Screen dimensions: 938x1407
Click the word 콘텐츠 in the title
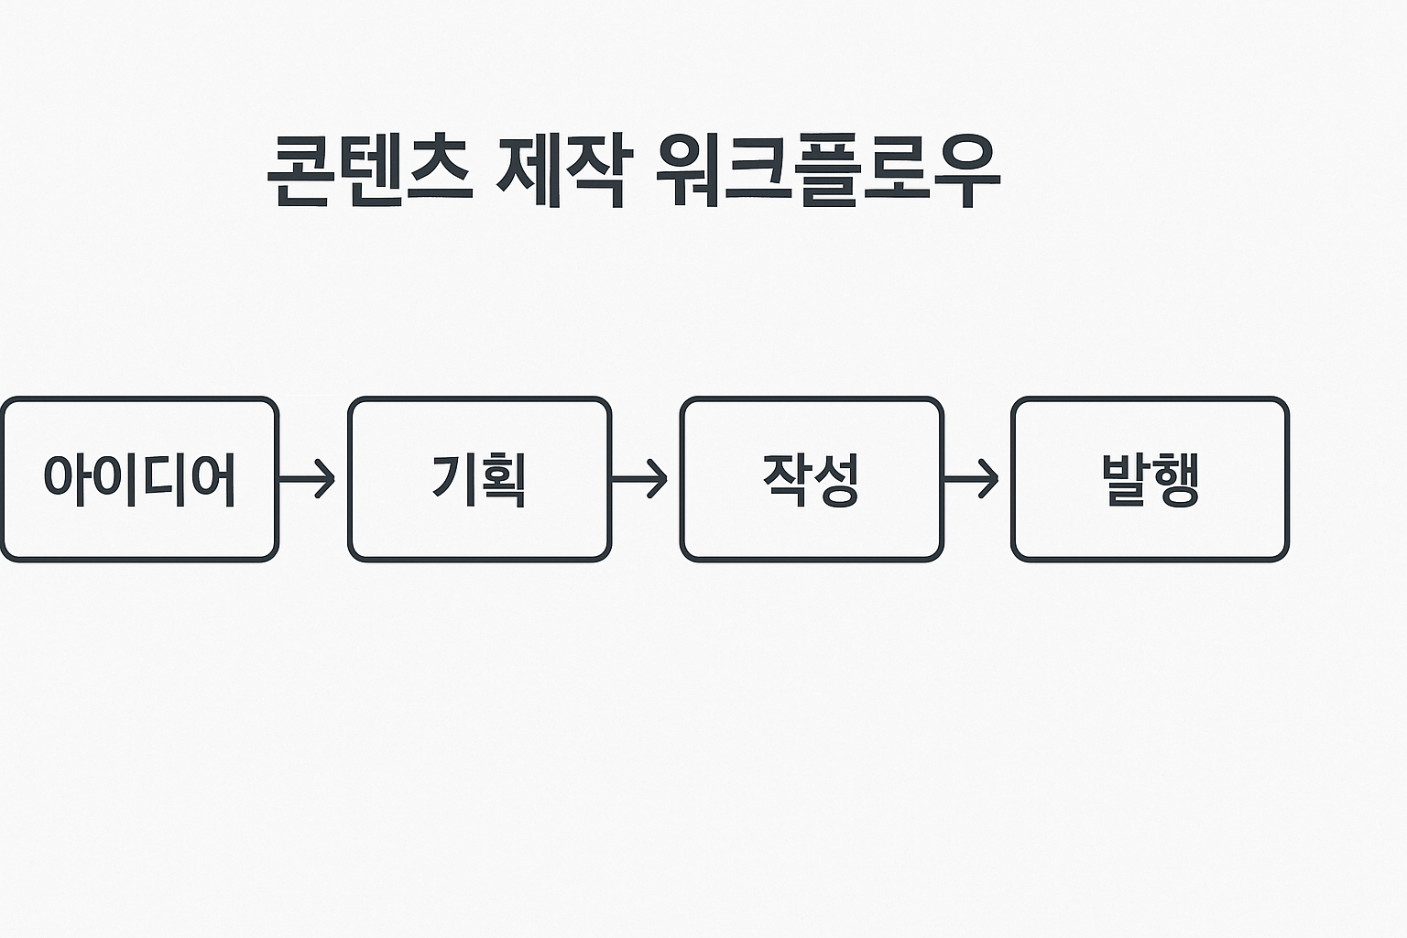tap(370, 171)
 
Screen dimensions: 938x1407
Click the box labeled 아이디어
tap(139, 478)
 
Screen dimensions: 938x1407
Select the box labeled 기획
tap(479, 478)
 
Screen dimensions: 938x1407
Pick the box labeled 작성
tap(812, 478)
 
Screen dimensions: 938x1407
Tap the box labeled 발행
tap(1150, 478)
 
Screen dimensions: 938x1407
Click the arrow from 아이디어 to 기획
tap(309, 478)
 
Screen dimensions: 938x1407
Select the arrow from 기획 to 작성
tap(640, 478)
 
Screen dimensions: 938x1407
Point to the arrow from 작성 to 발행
tap(972, 478)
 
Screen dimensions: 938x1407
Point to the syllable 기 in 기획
tap(454, 478)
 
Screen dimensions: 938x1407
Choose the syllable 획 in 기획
tap(503, 480)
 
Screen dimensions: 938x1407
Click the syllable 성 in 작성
tap(835, 480)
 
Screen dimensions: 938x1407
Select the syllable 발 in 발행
tap(1125, 478)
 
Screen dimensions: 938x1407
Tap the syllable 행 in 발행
tap(1174, 480)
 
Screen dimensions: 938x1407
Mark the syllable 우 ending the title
tap(966, 171)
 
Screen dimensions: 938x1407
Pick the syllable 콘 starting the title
tap(302, 171)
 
